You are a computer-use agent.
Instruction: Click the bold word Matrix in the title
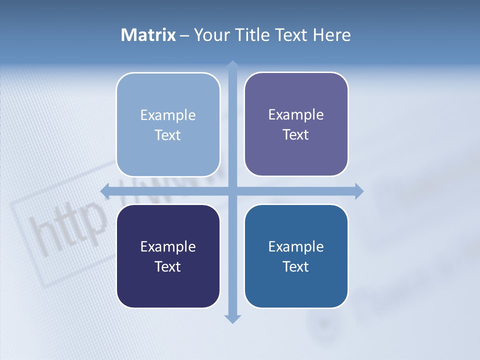[x=148, y=35]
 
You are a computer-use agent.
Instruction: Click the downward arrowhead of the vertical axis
[x=232, y=318]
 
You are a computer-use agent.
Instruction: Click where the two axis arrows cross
[x=232, y=191]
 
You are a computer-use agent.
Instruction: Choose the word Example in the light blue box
[x=168, y=115]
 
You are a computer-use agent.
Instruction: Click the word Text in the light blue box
[x=168, y=135]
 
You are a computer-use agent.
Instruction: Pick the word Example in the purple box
[x=296, y=115]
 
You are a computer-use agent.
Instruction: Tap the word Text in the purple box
[x=296, y=135]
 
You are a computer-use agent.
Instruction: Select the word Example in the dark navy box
[x=168, y=247]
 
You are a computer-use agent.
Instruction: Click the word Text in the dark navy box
[x=168, y=267]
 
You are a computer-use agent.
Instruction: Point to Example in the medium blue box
[x=296, y=247]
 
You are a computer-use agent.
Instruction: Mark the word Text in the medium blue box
[x=296, y=267]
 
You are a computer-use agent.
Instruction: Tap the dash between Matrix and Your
[x=184, y=35]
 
